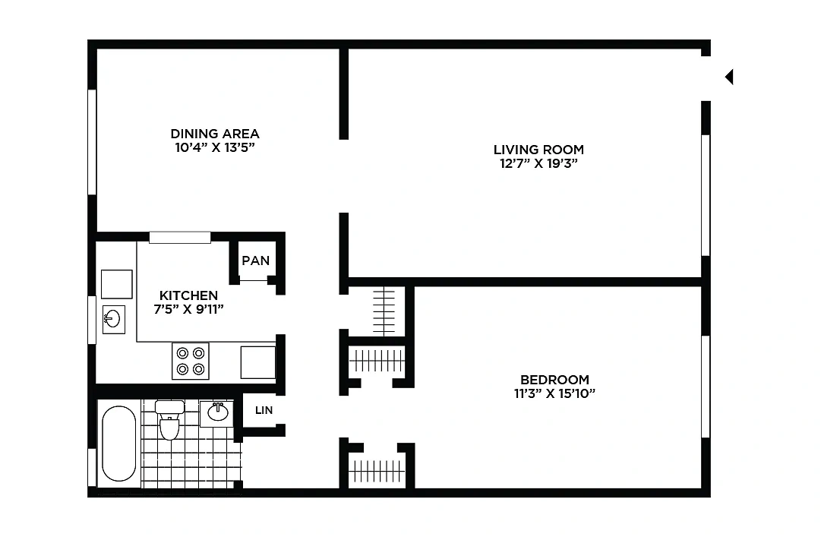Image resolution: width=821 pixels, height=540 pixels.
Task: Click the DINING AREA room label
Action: (215, 134)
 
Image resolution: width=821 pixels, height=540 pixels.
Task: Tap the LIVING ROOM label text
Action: (538, 150)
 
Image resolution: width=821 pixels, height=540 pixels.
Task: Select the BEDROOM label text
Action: (554, 380)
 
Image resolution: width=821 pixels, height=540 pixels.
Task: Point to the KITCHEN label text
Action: (188, 295)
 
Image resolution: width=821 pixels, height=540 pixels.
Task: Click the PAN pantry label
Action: (255, 261)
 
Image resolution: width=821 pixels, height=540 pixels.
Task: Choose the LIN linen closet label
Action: (264, 410)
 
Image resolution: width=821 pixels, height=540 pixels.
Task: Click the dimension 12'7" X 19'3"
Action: (538, 163)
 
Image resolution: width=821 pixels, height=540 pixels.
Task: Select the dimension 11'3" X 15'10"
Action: (554, 393)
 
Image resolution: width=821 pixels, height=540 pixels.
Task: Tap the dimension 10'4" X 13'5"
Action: (215, 147)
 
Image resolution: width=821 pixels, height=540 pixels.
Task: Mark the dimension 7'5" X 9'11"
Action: (188, 309)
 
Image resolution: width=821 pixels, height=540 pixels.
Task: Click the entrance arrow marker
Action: (729, 77)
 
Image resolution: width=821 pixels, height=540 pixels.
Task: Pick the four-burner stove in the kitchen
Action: (191, 361)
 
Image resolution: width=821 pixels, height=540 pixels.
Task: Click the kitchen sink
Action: (114, 319)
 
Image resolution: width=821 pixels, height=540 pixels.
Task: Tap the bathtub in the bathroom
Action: (118, 444)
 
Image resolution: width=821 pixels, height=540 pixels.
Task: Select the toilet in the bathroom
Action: (169, 420)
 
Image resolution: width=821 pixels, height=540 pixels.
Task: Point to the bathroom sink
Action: (216, 413)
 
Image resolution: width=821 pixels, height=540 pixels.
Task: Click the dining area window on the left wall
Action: (92, 142)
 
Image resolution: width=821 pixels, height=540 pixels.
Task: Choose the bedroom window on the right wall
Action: (706, 387)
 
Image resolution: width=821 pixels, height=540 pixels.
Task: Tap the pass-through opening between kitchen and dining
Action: (179, 237)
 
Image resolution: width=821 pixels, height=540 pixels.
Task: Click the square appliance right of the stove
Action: (258, 362)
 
